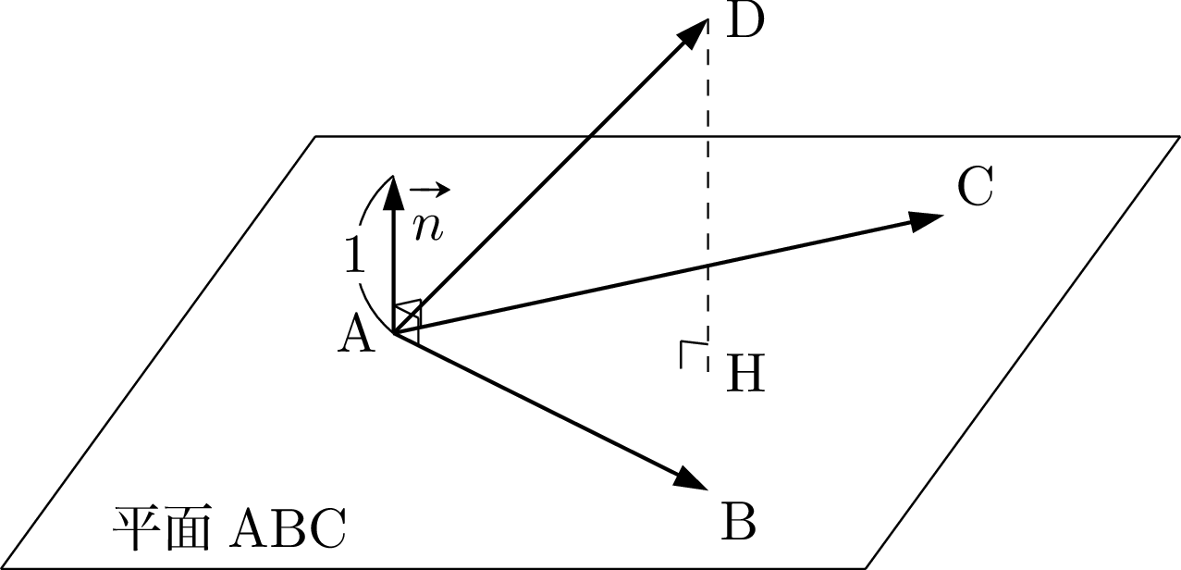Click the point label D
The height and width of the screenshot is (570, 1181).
(745, 21)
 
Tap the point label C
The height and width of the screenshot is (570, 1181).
(976, 186)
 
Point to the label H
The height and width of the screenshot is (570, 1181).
(745, 373)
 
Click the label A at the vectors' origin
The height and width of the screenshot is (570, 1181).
(356, 333)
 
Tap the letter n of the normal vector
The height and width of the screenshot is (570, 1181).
(427, 228)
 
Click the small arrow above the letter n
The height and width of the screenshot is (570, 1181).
(430, 190)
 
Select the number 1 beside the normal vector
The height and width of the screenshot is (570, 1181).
(355, 254)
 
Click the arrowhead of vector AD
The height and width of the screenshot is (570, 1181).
(693, 34)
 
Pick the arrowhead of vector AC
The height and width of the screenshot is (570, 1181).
(927, 220)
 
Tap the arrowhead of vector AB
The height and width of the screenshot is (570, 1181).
(691, 478)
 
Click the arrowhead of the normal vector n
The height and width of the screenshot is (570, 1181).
(393, 192)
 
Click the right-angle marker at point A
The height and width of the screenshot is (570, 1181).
(409, 319)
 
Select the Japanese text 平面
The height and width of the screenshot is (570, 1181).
(161, 528)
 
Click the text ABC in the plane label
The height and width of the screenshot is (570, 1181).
(288, 528)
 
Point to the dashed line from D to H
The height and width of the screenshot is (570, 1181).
(707, 195)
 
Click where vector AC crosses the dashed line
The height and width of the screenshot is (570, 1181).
(707, 266)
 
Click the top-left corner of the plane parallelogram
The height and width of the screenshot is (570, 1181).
(315, 137)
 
